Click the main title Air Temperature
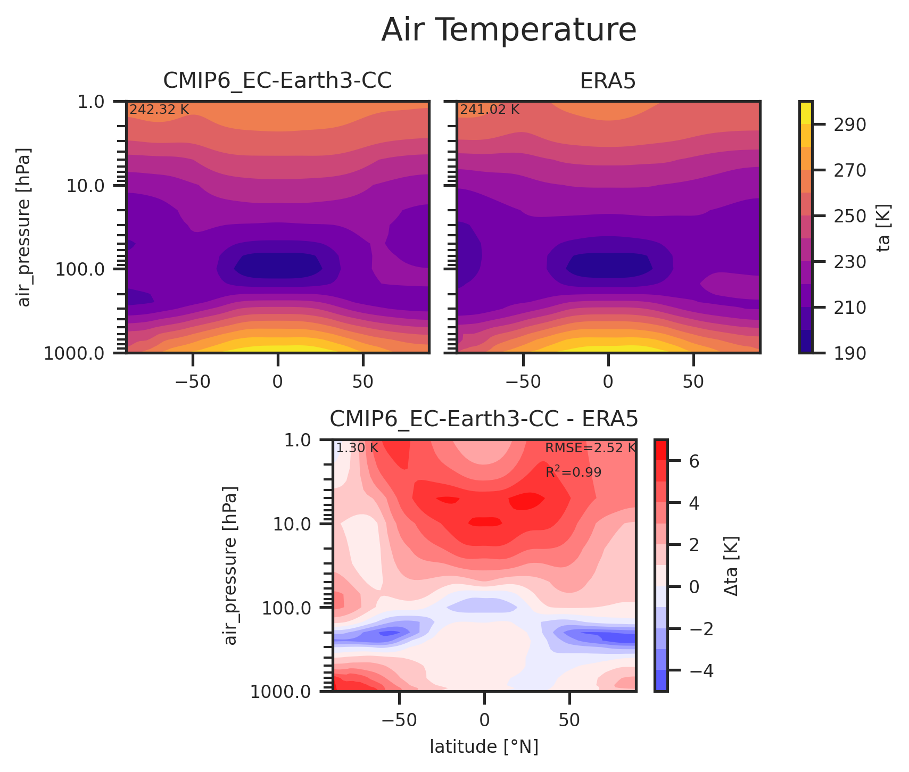509,30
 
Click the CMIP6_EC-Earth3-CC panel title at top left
277,81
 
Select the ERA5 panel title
608,81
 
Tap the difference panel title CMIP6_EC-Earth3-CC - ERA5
484,419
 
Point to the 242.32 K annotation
159,110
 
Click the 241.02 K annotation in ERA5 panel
489,110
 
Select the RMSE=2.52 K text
590,448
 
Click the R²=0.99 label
573,472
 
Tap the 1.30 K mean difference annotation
357,448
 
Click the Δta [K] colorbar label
731,566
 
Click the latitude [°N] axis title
484,747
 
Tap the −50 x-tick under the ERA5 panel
523,383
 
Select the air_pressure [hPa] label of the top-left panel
24,227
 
